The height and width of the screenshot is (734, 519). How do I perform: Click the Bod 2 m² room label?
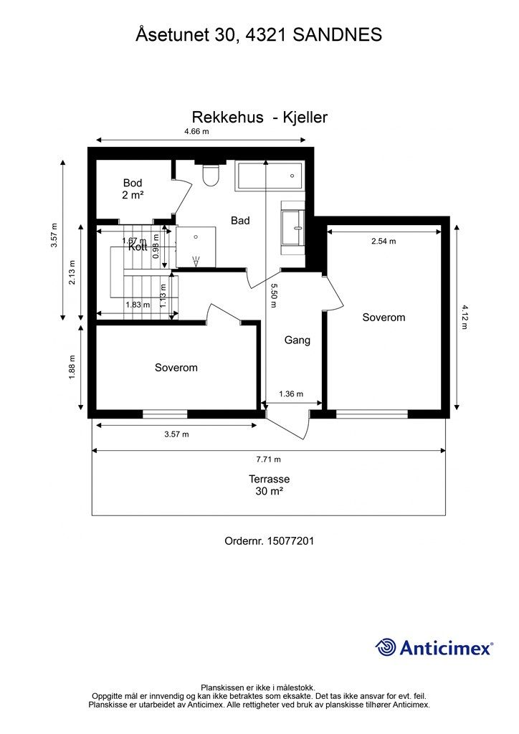click(133, 189)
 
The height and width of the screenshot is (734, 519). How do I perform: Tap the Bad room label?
click(240, 221)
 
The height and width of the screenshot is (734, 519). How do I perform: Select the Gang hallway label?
click(297, 340)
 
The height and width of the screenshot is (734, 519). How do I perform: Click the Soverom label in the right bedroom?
click(384, 318)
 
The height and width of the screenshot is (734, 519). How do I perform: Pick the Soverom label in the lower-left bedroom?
click(176, 368)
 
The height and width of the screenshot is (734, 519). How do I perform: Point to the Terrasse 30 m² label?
click(269, 485)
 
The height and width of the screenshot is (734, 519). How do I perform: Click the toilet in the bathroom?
click(209, 174)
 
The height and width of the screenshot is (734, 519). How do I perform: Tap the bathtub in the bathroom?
click(269, 176)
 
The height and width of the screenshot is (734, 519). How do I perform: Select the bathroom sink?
click(293, 227)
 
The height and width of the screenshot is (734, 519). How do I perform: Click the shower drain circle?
click(196, 237)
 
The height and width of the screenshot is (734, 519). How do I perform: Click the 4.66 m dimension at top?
click(196, 131)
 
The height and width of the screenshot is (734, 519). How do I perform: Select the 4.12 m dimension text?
click(465, 317)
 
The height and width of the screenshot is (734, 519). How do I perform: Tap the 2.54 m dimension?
click(384, 241)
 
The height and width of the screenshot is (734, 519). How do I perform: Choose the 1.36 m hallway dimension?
click(291, 394)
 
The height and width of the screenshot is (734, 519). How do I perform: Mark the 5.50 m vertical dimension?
click(273, 295)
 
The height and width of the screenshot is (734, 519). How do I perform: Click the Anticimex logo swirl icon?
click(385, 647)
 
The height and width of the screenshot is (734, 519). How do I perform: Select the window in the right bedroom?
click(372, 414)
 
